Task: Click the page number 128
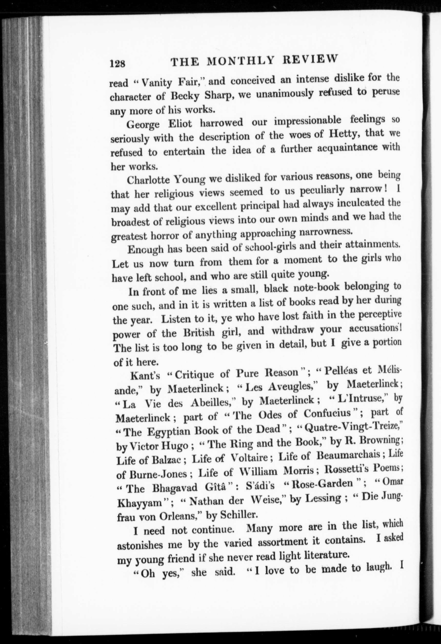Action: tap(118, 63)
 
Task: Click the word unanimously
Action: tap(284, 93)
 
